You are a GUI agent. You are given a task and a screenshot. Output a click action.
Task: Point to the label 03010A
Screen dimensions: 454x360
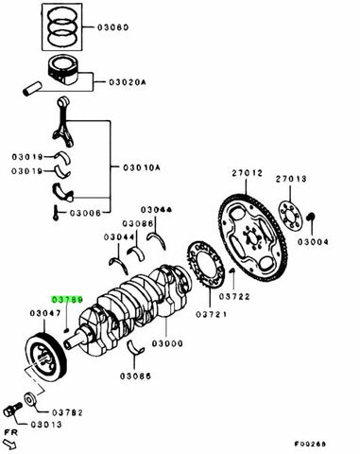[141, 167]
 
